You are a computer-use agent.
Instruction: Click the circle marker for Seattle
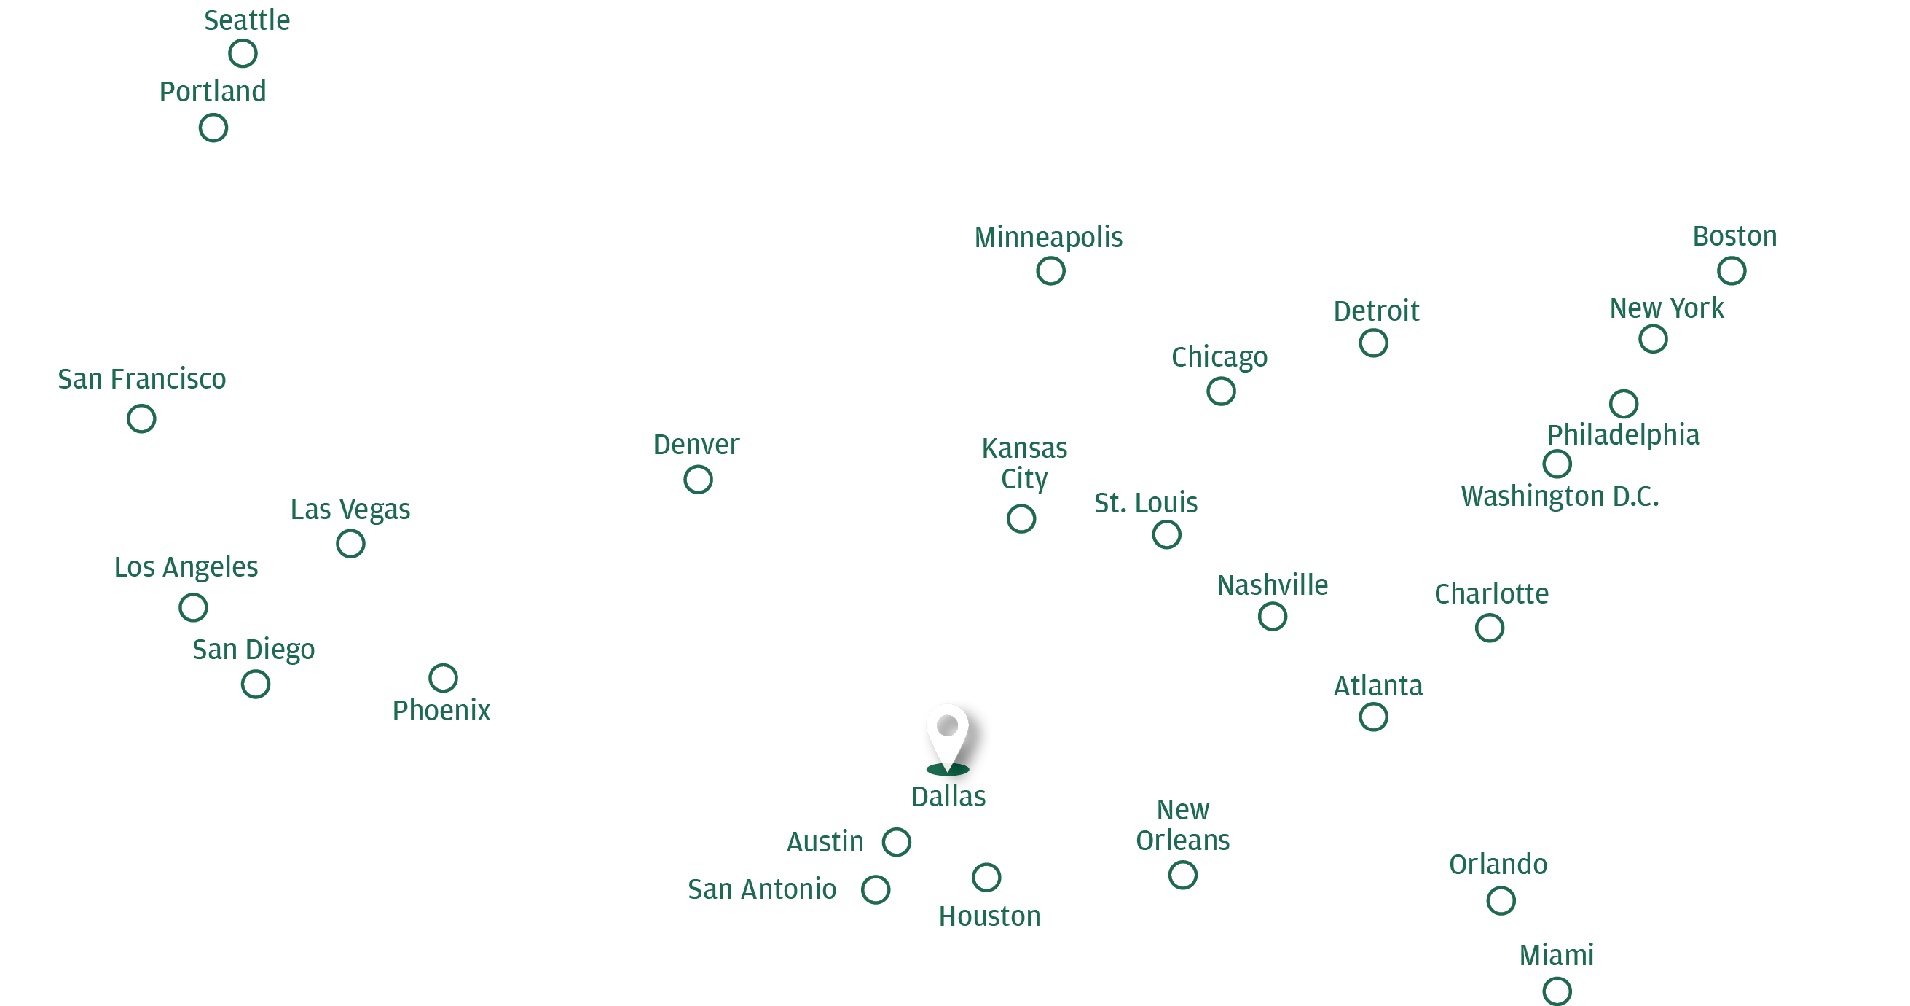[x=243, y=53]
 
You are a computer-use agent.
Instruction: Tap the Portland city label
[x=213, y=92]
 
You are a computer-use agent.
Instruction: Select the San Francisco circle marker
[x=141, y=418]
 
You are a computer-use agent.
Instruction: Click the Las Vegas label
[x=350, y=510]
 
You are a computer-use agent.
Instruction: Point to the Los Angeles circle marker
[x=194, y=607]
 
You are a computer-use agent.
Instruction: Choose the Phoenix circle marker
[x=443, y=677]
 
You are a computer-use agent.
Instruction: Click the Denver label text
[x=696, y=445]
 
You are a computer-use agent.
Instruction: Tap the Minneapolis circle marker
[x=1050, y=270]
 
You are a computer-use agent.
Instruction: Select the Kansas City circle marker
[x=1021, y=518]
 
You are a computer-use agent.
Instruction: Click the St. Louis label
[x=1146, y=503]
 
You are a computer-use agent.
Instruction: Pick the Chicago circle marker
[x=1221, y=391]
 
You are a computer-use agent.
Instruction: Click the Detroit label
[x=1376, y=311]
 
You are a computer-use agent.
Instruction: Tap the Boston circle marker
[x=1732, y=270]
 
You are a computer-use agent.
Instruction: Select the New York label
[x=1667, y=308]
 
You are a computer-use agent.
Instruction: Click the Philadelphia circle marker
[x=1624, y=404]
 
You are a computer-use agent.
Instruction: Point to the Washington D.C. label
[x=1560, y=496]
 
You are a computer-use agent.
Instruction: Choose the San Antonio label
[x=762, y=889]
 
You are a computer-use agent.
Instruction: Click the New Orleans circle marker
[x=1182, y=876]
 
